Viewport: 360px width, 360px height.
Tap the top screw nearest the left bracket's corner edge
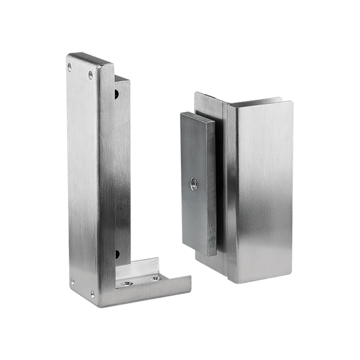pyautogui.click(x=91, y=75)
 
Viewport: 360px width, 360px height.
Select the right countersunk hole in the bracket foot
pyautogui.click(x=153, y=279)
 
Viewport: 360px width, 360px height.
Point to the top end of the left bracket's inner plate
pyautogui.click(x=121, y=79)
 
